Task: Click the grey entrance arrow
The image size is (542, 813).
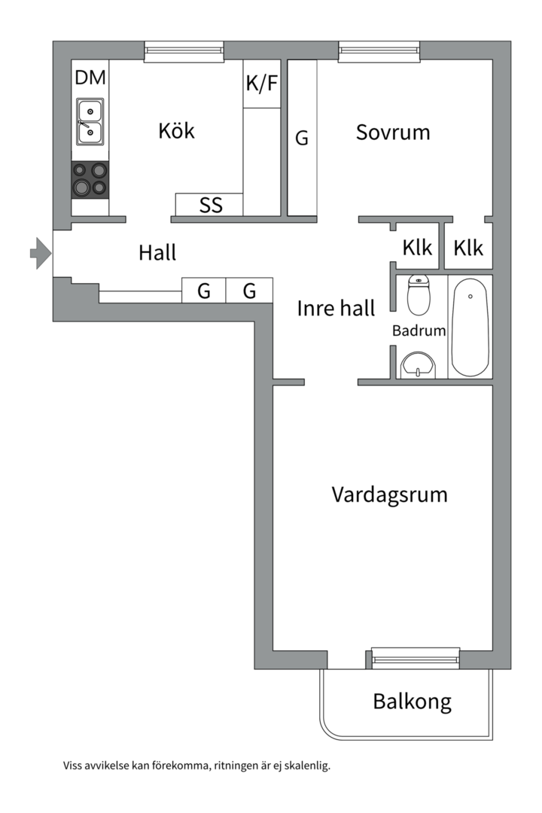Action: tap(40, 253)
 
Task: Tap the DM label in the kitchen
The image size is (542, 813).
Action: tap(90, 78)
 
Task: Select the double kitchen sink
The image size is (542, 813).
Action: tap(90, 122)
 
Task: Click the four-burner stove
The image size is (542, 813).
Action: tap(90, 179)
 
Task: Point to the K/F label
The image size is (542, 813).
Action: tap(262, 84)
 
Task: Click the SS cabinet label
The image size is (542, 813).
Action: tap(211, 205)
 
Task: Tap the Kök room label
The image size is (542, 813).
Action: tap(176, 130)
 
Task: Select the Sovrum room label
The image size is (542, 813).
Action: tap(393, 132)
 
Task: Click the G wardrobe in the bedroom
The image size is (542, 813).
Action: tap(302, 138)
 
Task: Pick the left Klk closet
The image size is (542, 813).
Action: tap(417, 247)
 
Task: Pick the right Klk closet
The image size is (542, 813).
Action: tap(468, 247)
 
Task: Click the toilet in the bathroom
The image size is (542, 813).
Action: tap(418, 295)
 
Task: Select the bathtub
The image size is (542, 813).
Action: tap(470, 327)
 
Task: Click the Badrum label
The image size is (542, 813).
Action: tap(419, 330)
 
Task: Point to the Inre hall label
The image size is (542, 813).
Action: tap(336, 308)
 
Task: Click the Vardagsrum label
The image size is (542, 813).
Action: tap(389, 495)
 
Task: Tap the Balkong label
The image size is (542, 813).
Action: tap(412, 702)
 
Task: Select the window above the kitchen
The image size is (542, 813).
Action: tap(184, 50)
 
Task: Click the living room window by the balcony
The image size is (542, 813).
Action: tap(416, 658)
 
